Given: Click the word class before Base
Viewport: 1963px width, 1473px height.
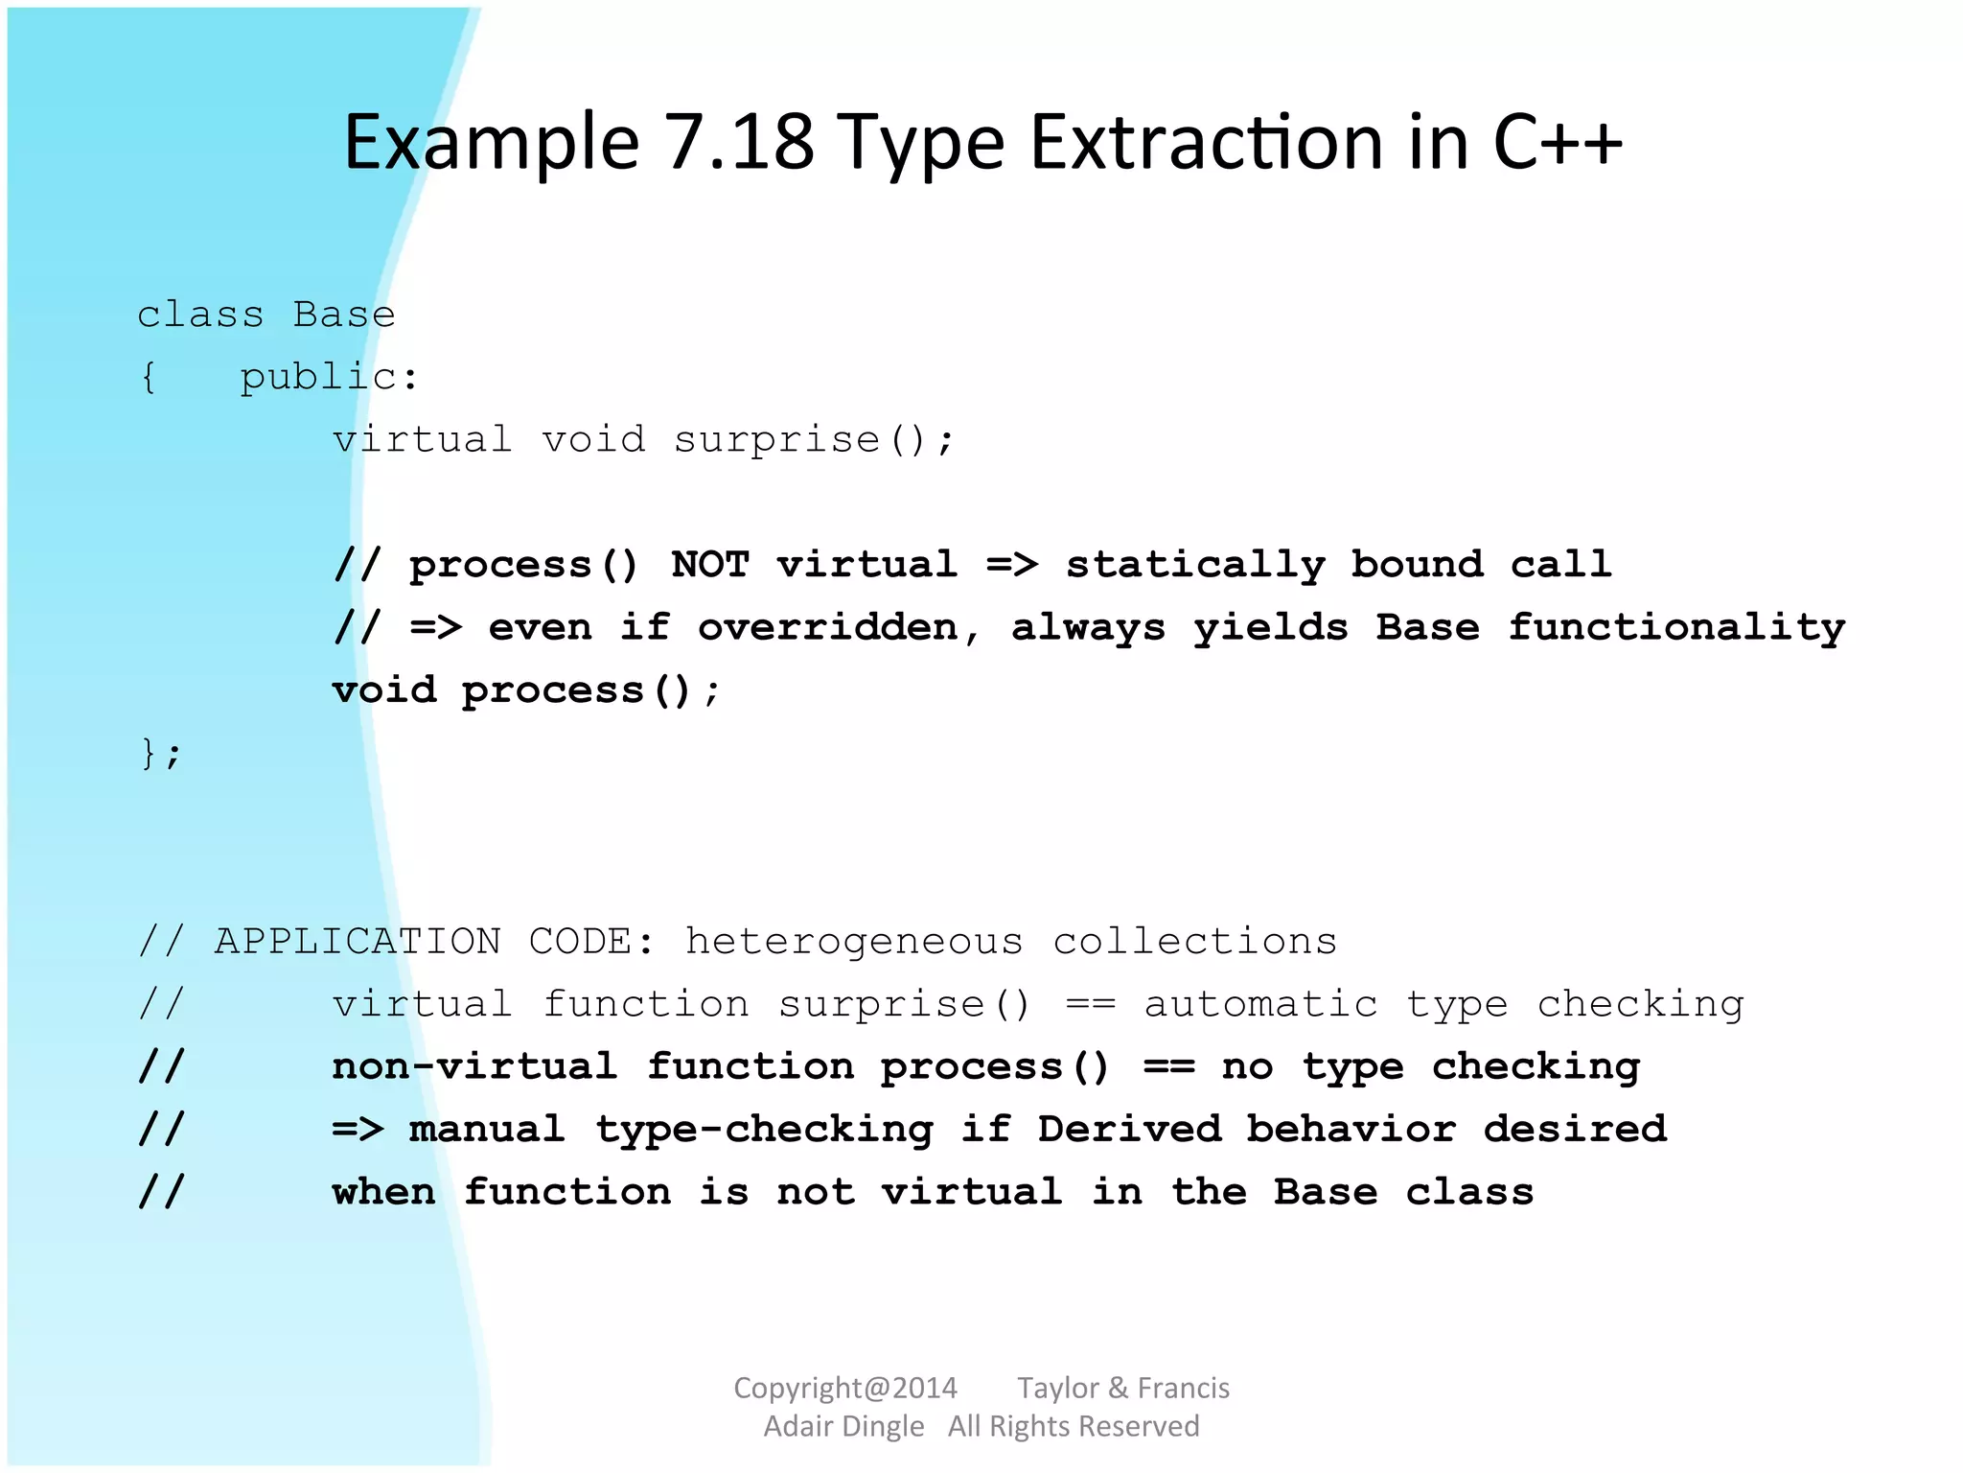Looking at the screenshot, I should pos(200,315).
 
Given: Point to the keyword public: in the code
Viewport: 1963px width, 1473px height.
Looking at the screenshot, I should pos(329,377).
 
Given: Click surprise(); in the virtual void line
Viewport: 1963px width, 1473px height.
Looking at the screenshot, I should pos(814,440).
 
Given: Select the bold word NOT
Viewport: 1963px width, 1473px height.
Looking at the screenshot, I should pos(709,564).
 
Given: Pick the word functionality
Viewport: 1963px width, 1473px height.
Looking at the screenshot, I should pos(1676,628).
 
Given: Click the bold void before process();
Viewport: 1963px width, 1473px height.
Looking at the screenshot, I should pos(383,690).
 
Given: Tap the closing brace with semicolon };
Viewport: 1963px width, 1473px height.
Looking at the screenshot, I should pos(160,753).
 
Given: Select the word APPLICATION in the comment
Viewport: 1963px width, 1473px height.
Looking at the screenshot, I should pos(358,941).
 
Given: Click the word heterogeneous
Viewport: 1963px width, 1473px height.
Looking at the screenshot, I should pos(853,942).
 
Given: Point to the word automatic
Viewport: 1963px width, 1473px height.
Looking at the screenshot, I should pos(1260,1004).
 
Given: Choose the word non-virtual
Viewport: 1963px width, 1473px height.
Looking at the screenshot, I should pos(474,1066).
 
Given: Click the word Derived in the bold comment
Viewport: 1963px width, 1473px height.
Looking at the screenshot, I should pos(1129,1129).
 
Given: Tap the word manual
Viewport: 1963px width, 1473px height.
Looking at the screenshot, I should pos(487,1129).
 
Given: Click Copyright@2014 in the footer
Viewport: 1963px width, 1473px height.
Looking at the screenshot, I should pos(844,1388).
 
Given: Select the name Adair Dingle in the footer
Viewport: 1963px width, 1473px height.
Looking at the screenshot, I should pos(843,1426).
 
